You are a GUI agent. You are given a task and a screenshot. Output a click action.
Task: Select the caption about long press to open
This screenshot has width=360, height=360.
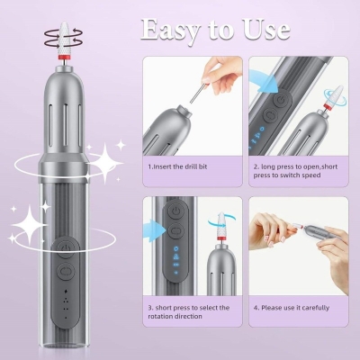coord(297,170)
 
